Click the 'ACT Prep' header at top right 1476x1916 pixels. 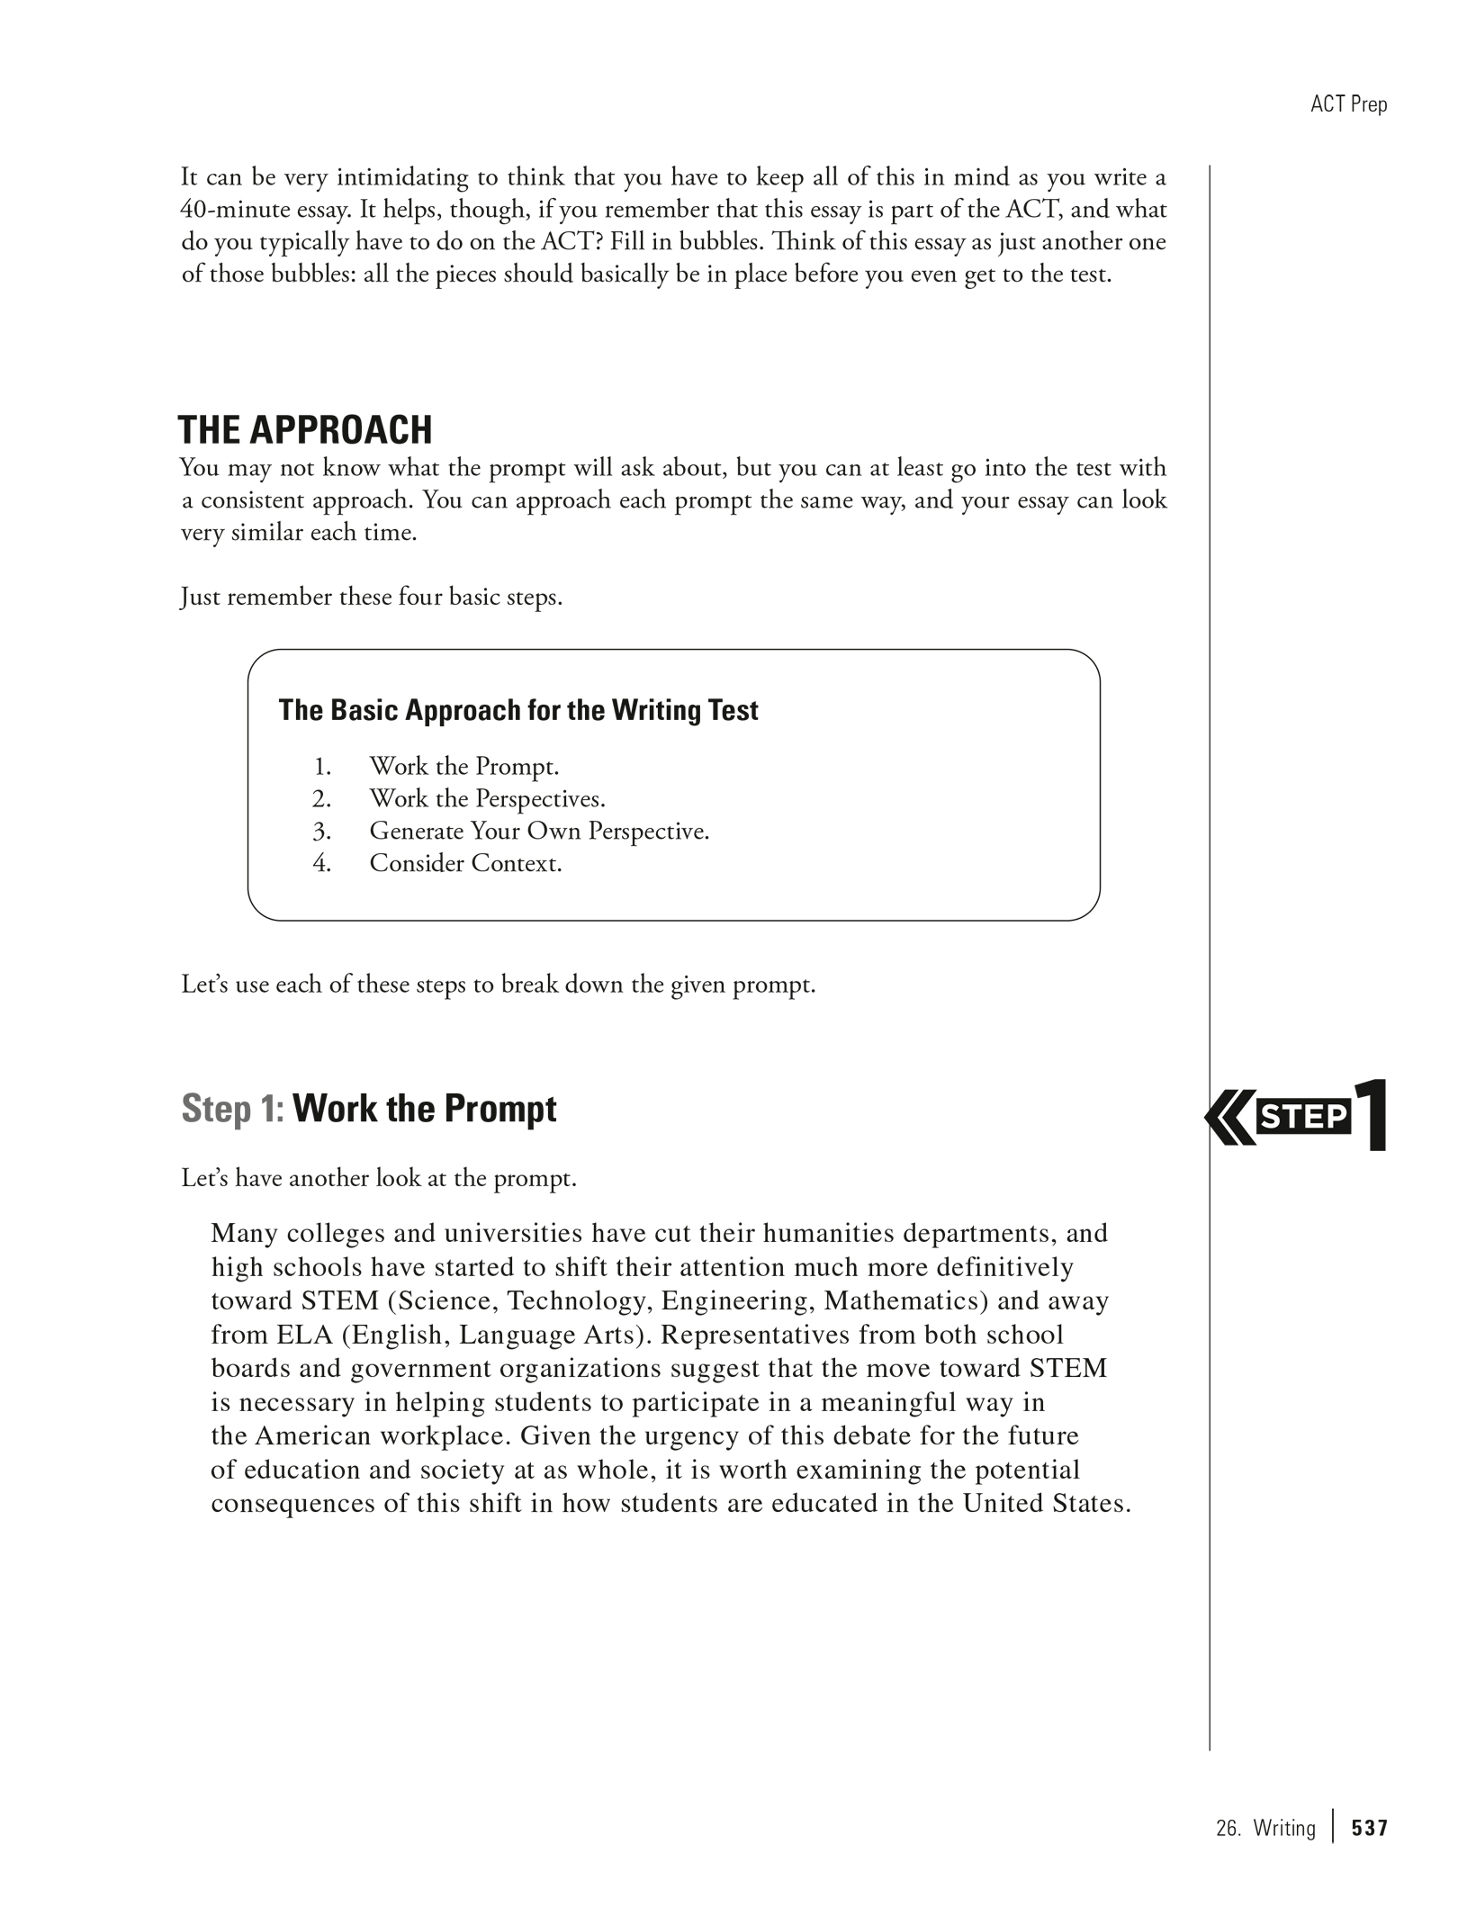point(1348,104)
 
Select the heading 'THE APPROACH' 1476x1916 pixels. point(305,430)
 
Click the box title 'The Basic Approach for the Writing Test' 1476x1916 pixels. point(517,710)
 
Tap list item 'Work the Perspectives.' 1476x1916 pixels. point(487,798)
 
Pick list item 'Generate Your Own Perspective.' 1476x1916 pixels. point(539,831)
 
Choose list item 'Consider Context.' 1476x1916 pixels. point(465,863)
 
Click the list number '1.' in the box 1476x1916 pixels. point(322,767)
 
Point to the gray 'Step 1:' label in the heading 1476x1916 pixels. point(232,1109)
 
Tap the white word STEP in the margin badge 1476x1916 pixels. point(1304,1117)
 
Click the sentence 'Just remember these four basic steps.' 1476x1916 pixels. point(372,597)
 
